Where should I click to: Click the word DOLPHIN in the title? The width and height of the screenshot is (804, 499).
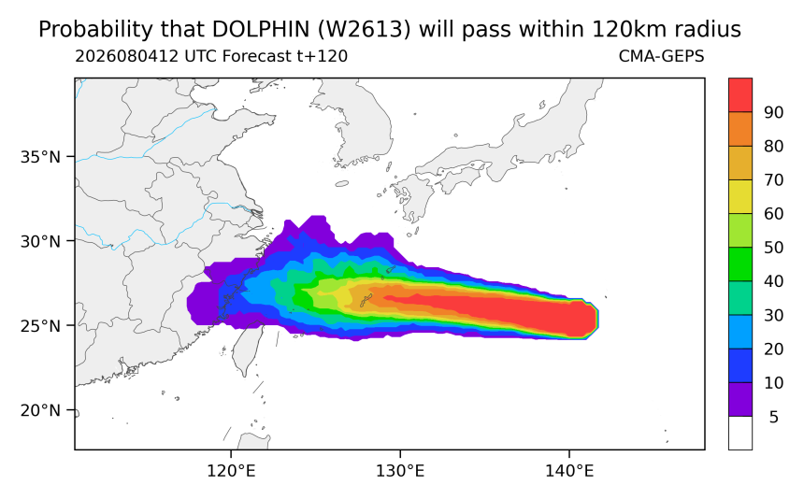[x=261, y=30]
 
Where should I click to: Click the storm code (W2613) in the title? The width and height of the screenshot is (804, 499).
[x=364, y=30]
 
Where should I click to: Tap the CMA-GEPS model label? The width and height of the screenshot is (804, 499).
[x=662, y=56]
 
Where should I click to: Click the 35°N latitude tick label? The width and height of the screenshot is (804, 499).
[x=40, y=157]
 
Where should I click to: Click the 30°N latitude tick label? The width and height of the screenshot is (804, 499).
[x=40, y=241]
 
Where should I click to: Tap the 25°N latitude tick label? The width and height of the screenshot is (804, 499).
[x=40, y=326]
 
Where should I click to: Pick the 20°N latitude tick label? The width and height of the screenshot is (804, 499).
[x=40, y=410]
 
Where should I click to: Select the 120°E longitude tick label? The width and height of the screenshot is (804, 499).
[x=231, y=471]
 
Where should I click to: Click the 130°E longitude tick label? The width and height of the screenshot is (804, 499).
[x=400, y=471]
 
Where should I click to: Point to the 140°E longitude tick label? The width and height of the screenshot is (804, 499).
[x=569, y=471]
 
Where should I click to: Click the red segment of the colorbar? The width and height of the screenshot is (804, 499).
[x=740, y=95]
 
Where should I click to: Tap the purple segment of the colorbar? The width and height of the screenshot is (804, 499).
[x=740, y=399]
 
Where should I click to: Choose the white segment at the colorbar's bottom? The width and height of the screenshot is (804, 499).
[x=740, y=433]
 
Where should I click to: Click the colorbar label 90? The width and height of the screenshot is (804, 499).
[x=774, y=113]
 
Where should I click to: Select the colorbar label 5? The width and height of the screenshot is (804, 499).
[x=774, y=417]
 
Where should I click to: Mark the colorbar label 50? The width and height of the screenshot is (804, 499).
[x=774, y=248]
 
